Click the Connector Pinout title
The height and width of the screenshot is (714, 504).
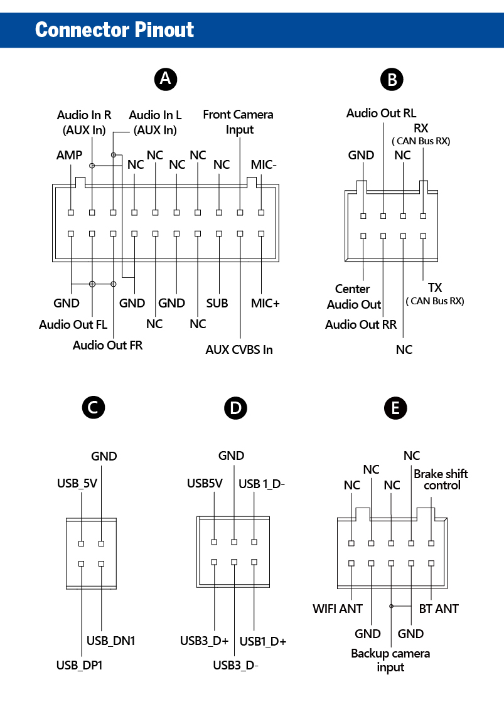coord(115,29)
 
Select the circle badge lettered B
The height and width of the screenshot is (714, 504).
coord(392,79)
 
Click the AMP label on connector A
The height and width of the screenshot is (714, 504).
coord(69,155)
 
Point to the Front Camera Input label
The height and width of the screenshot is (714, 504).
coord(238,122)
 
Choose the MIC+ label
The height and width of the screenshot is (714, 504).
coord(265,303)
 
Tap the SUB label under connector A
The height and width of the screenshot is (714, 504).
coord(217,303)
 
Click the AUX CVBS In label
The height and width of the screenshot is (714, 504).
coord(239,349)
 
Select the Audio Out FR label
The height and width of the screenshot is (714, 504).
coord(107,345)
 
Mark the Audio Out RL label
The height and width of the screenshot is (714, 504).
coord(381,114)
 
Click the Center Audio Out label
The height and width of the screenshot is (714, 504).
coord(353,297)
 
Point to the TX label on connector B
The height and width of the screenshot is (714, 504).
coord(435,288)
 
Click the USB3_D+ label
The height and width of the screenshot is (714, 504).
coord(205,641)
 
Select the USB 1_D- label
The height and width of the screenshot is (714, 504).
coord(262,484)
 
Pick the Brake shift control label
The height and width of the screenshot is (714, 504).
coord(441,479)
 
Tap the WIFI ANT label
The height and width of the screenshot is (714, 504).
coord(338,609)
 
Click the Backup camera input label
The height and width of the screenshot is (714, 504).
coord(390,660)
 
